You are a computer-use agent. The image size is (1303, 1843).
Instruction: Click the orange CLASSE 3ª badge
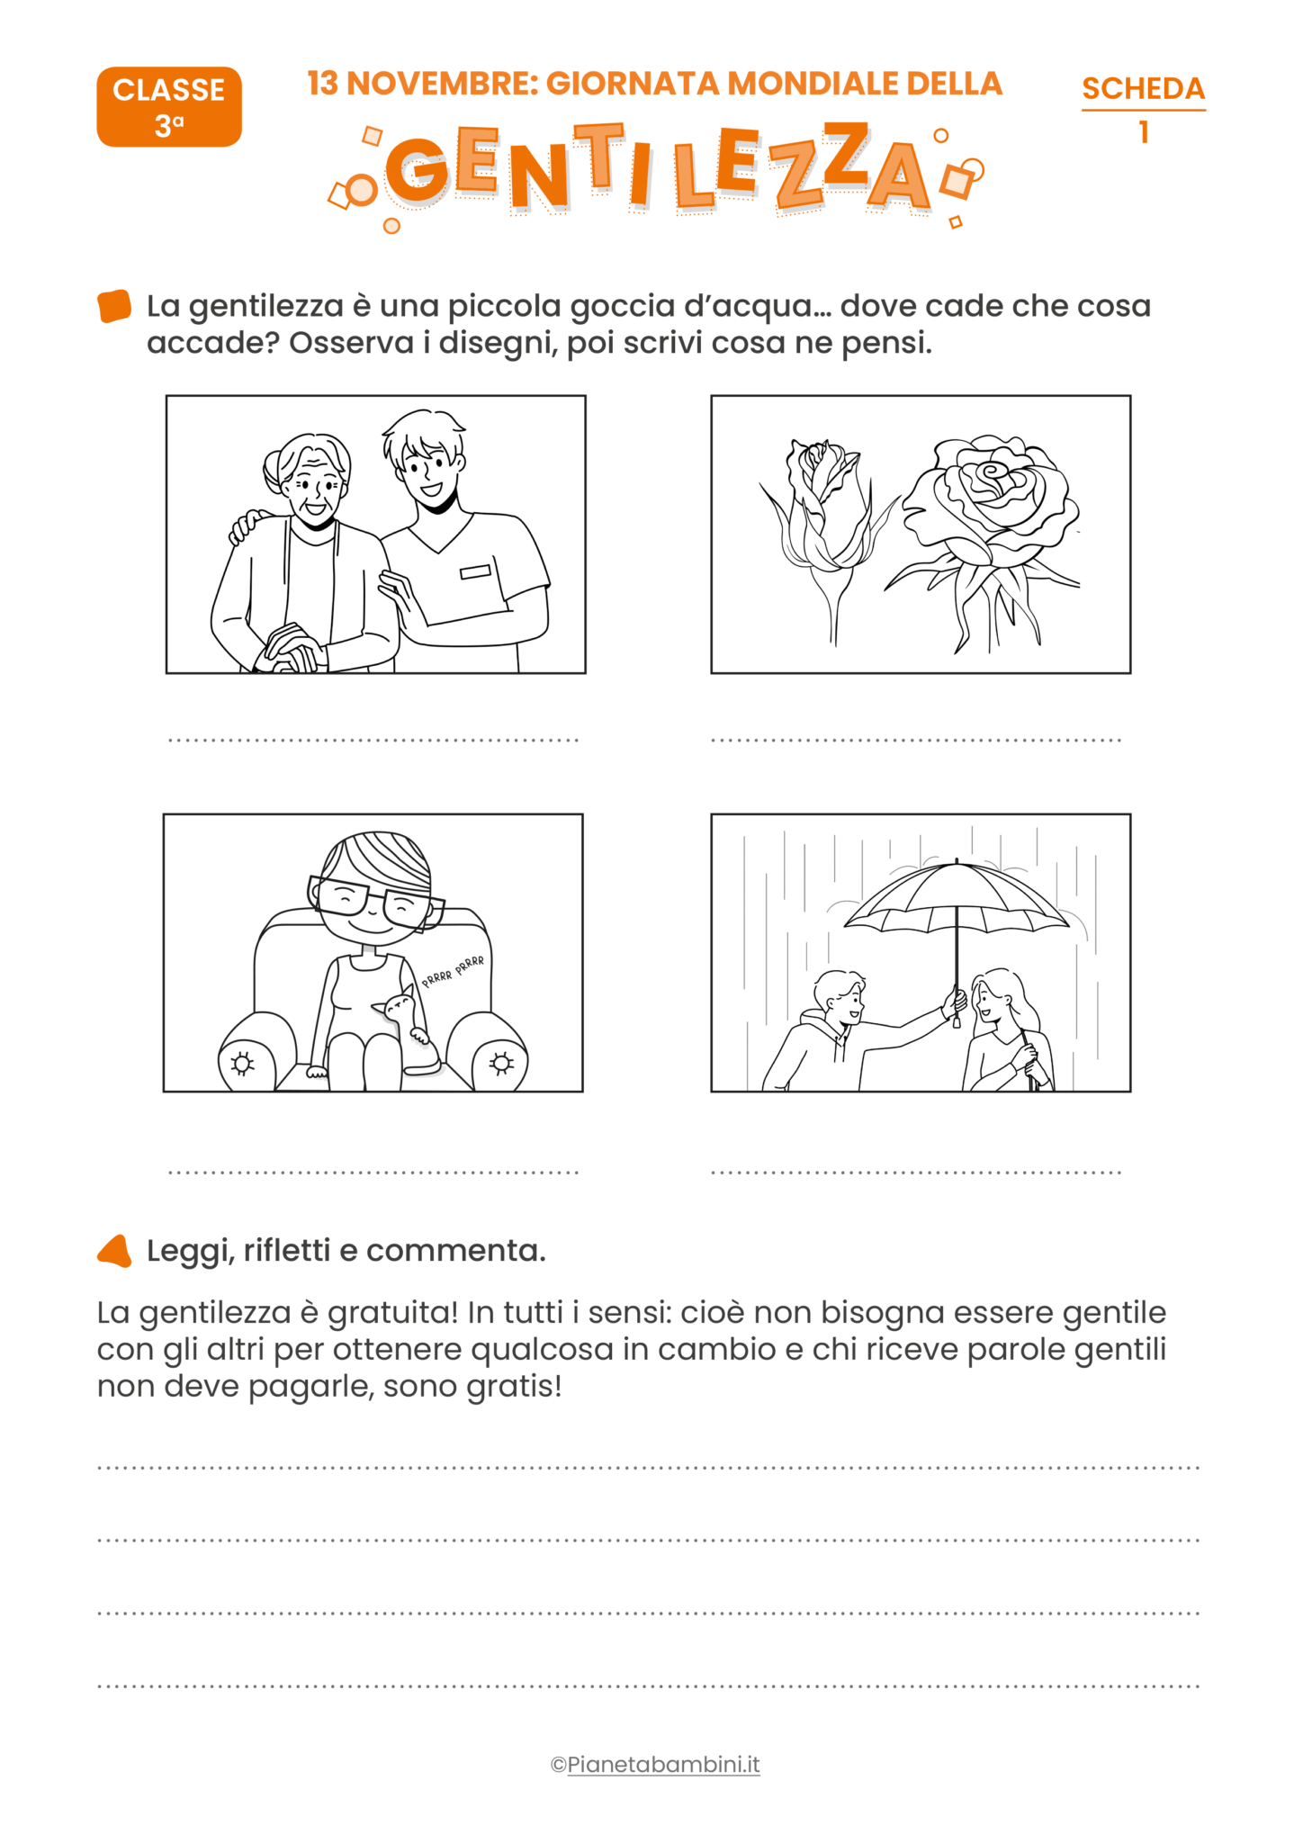(x=169, y=107)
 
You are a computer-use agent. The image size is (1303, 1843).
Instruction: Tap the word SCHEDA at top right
(x=1143, y=88)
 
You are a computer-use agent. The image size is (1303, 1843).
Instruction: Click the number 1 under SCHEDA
(x=1143, y=133)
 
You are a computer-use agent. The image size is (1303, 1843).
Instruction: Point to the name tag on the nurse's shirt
(x=475, y=571)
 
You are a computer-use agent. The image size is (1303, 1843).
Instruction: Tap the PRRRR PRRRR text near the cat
(x=454, y=971)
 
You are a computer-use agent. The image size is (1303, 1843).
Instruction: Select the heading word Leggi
(x=190, y=1251)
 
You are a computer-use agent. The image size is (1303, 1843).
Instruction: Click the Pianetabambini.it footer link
(x=663, y=1765)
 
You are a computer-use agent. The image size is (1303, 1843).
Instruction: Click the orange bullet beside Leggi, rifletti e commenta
(x=115, y=1251)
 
